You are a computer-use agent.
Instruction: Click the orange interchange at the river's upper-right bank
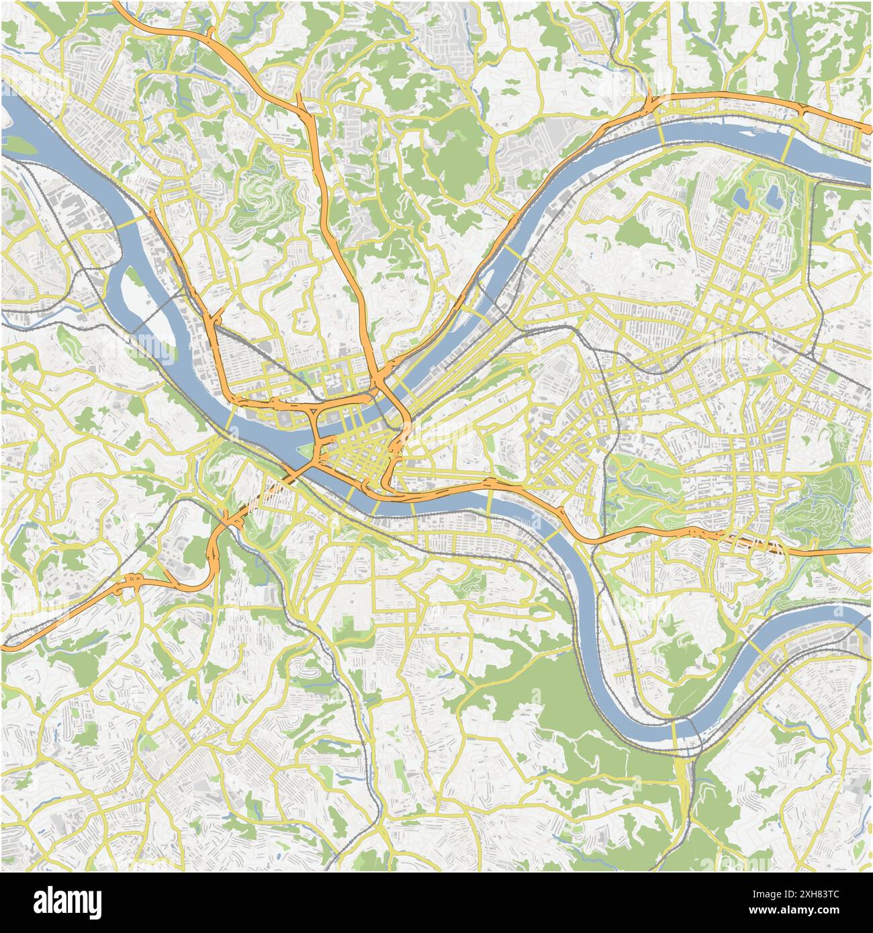click(650, 106)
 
